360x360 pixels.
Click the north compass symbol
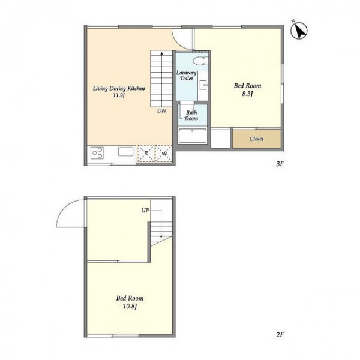pos(299,31)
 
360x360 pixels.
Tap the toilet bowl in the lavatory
pos(200,61)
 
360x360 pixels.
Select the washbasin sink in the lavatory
pos(203,85)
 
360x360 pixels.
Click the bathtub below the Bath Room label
pos(193,136)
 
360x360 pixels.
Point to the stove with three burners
pos(97,153)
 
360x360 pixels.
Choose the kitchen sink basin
pos(125,152)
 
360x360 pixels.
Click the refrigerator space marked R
pos(146,154)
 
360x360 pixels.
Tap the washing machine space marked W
pos(164,154)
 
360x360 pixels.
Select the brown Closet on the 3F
pos(257,139)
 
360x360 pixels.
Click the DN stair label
pos(161,110)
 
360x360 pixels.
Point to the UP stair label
pos(145,211)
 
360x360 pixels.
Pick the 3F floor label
pos(280,164)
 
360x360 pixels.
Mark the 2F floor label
pos(280,335)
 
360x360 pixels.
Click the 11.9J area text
pos(118,95)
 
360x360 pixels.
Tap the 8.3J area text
pos(247,94)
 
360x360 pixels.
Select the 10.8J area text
pos(130,306)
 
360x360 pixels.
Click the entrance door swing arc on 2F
pos(65,208)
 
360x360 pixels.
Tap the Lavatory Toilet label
pos(186,76)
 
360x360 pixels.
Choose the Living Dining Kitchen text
pos(119,88)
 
